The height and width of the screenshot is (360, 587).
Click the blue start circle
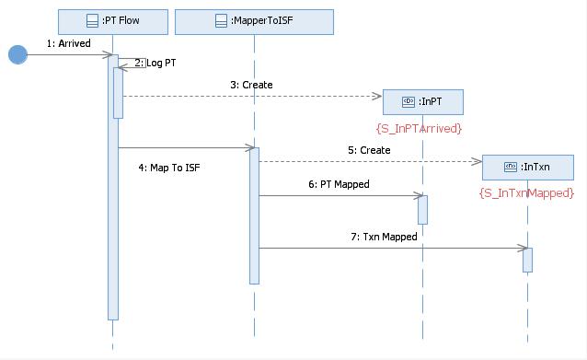17,54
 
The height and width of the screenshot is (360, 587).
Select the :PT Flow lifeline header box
112,21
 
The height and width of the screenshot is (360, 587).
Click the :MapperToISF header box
254,21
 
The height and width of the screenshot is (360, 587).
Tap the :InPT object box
422,101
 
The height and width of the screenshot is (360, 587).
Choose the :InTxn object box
527,167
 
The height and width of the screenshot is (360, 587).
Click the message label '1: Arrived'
68,42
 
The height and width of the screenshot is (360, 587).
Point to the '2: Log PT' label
154,63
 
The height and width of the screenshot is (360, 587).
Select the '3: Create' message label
251,85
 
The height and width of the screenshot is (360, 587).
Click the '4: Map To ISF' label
168,168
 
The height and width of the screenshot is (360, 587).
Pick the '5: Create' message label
368,150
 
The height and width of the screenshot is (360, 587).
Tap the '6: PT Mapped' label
339,184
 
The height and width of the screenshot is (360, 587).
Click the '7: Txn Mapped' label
384,237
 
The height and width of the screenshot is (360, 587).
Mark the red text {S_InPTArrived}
419,128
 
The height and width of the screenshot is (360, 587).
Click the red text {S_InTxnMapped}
526,192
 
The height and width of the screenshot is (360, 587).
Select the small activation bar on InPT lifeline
422,209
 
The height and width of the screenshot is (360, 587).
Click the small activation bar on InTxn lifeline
527,259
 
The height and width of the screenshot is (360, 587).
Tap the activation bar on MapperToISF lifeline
254,215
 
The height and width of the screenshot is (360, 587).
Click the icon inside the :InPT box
409,101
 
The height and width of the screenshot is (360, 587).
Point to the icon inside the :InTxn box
510,167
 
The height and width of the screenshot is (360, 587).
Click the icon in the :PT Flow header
92,21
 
